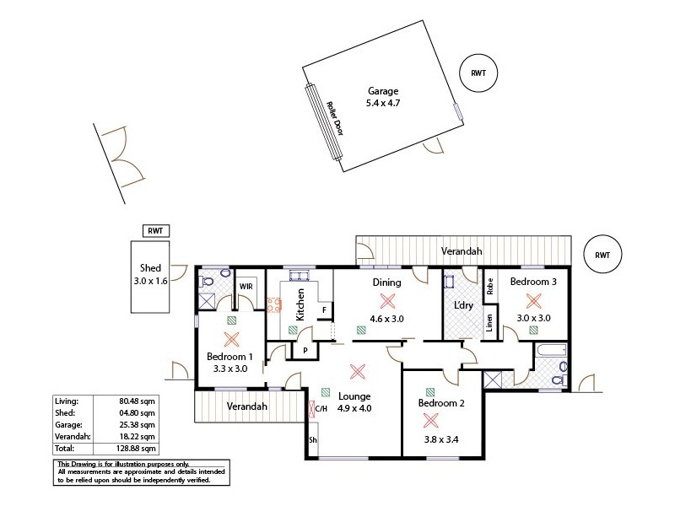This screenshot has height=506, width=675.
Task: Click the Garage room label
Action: pyautogui.click(x=382, y=92)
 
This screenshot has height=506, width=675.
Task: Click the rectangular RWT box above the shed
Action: pyautogui.click(x=155, y=231)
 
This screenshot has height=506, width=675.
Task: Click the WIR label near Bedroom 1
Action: pyautogui.click(x=246, y=287)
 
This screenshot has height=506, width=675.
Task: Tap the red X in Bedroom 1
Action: pyautogui.click(x=231, y=339)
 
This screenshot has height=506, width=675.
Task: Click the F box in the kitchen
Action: pyautogui.click(x=322, y=310)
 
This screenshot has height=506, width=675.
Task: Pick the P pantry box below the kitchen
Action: pyautogui.click(x=294, y=350)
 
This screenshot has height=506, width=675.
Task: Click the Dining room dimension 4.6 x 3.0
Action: pyautogui.click(x=387, y=319)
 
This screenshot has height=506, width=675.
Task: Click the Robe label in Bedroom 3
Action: pyautogui.click(x=489, y=284)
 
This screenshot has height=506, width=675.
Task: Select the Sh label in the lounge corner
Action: pyautogui.click(x=312, y=440)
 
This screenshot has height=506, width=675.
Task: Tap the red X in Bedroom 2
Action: pyautogui.click(x=431, y=420)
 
